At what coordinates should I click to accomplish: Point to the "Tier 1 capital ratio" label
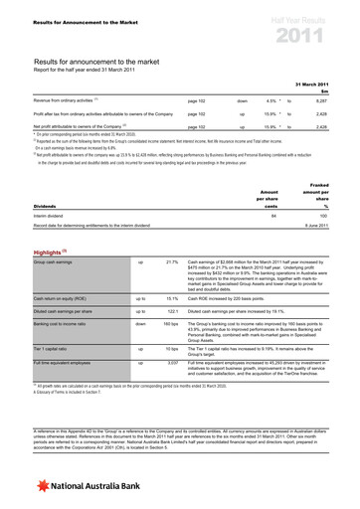tap(51, 350)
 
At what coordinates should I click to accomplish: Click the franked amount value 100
tap(338, 213)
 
